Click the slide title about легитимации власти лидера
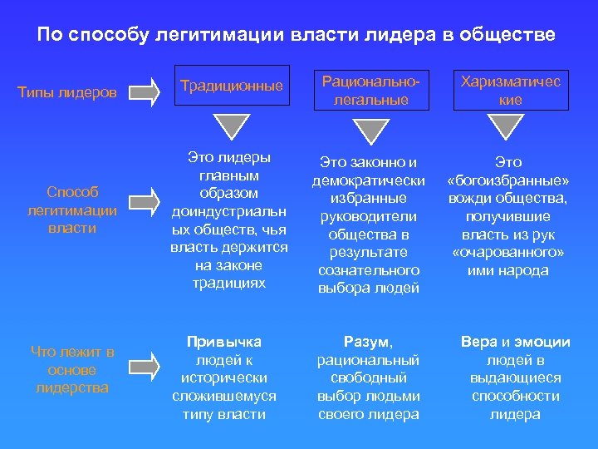tap(297, 36)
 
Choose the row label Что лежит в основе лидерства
tap(72, 370)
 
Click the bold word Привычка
tap(223, 342)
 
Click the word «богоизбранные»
tap(507, 180)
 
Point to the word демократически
tap(369, 180)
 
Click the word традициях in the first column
tap(228, 283)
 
